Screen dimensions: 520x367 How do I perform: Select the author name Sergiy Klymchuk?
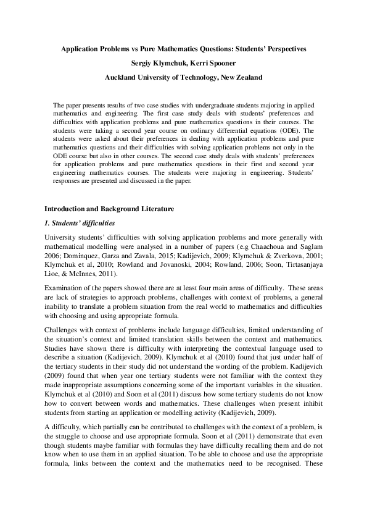click(157, 63)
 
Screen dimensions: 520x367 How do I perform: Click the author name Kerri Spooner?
click(216, 63)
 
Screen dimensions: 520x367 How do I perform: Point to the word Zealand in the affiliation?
click(245, 78)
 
